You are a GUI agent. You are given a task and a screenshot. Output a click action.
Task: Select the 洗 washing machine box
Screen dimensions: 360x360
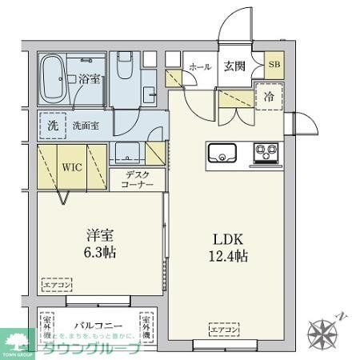(x=51, y=126)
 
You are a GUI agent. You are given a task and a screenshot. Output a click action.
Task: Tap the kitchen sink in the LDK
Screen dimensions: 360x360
(x=223, y=153)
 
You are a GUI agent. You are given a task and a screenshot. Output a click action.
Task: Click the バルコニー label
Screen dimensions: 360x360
(x=98, y=326)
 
